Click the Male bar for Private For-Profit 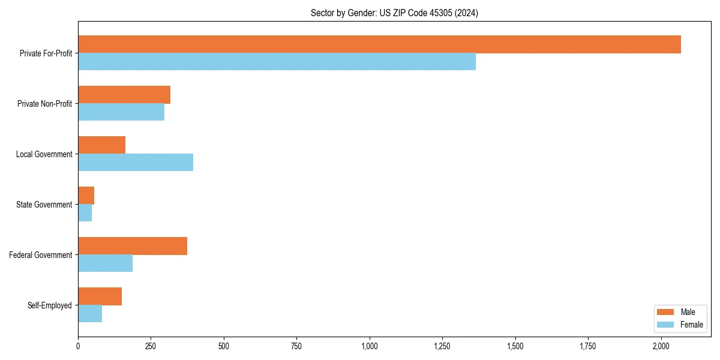click(x=379, y=44)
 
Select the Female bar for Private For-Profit click(x=277, y=62)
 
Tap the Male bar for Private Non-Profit click(x=124, y=95)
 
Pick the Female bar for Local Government click(x=136, y=163)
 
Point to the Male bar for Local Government click(x=101, y=145)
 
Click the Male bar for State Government click(x=86, y=196)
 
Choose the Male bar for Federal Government click(x=133, y=246)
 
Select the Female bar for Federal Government click(x=105, y=263)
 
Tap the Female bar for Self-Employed click(x=90, y=314)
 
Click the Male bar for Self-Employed click(x=100, y=296)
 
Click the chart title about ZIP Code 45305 click(x=394, y=13)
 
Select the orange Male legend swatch click(x=666, y=312)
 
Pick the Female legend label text click(x=691, y=325)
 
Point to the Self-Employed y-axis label click(x=50, y=305)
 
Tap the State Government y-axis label click(x=44, y=205)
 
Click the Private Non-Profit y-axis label click(x=44, y=104)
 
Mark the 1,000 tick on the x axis click(x=370, y=346)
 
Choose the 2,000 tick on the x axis click(x=661, y=346)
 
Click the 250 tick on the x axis click(x=151, y=346)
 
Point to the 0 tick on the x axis click(x=78, y=346)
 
